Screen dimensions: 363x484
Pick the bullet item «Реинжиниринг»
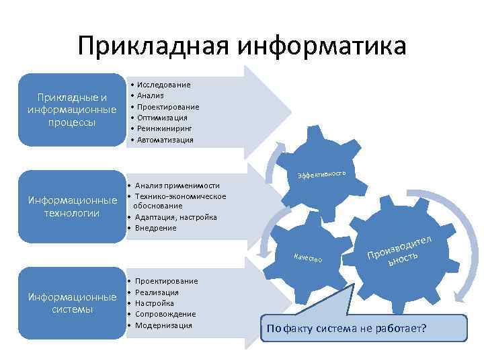click(x=165, y=128)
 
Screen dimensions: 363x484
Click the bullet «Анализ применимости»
click(x=177, y=186)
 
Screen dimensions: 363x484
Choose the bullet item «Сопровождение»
click(x=165, y=314)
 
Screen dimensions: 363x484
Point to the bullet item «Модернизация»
click(x=163, y=325)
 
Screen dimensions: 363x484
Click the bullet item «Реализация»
click(x=157, y=292)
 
